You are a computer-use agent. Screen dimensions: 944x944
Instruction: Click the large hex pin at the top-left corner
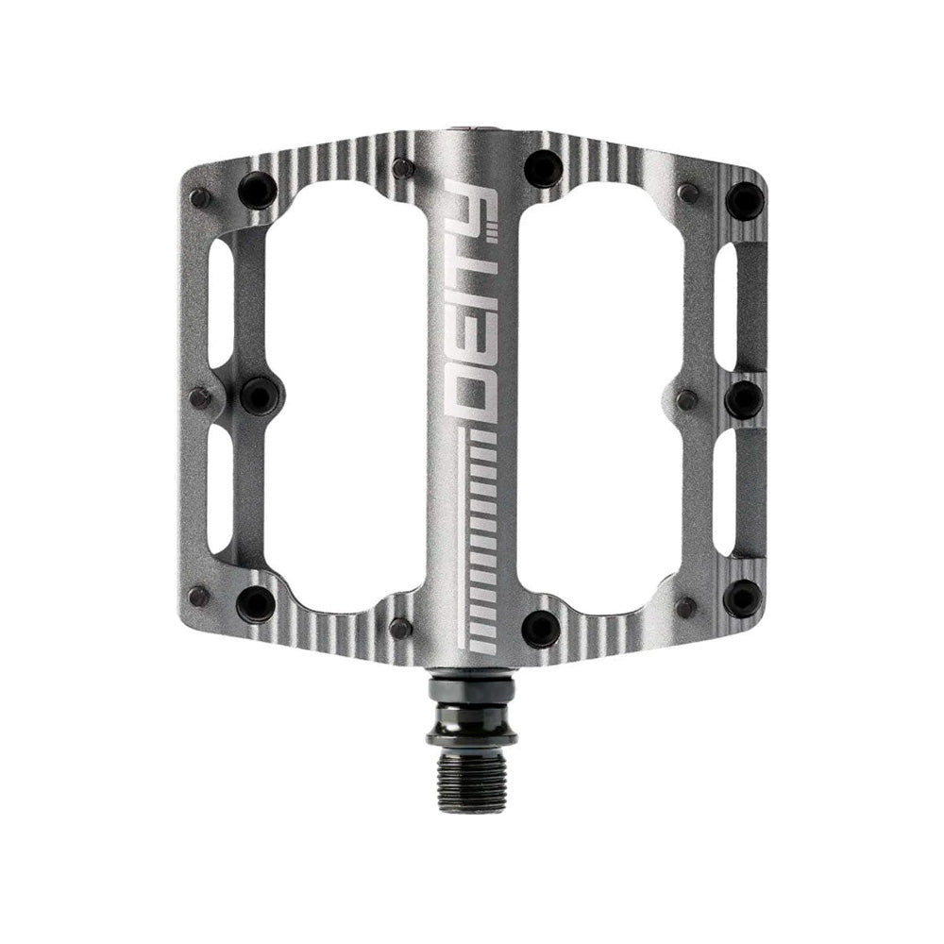pos(255,188)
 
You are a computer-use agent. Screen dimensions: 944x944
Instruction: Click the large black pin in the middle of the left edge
pos(260,395)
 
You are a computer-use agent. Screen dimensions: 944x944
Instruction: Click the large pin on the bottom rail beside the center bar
pos(541,627)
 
